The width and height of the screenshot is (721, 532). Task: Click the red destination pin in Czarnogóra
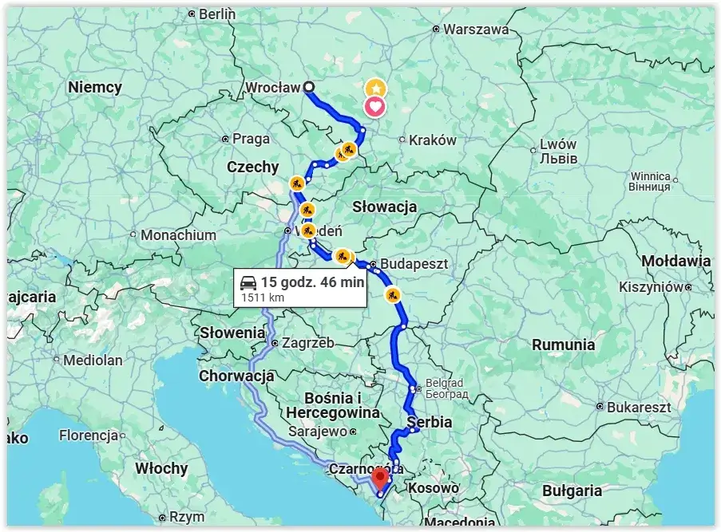pos(380,477)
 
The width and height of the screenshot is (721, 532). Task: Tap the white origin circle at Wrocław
pos(309,88)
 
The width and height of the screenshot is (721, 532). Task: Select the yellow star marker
pos(375,89)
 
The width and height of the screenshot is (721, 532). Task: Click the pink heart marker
pos(375,107)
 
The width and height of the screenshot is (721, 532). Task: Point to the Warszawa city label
pos(475,29)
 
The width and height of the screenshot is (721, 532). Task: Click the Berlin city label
pos(216,14)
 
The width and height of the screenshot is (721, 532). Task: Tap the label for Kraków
pos(432,140)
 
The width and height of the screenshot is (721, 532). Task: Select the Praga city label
pos(251,139)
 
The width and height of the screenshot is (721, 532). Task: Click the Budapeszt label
pos(414,262)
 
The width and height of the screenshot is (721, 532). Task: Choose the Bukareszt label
pos(638,407)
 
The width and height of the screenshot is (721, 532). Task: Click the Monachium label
pos(178,235)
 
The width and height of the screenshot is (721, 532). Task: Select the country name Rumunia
pos(564,345)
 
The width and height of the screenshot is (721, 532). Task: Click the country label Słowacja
pos(385,207)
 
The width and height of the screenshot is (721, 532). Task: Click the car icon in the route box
pos(248,282)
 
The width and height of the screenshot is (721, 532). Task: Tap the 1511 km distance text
pos(262,298)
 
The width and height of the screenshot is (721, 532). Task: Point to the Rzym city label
pos(188,517)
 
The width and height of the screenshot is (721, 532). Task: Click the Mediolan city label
pos(93,360)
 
